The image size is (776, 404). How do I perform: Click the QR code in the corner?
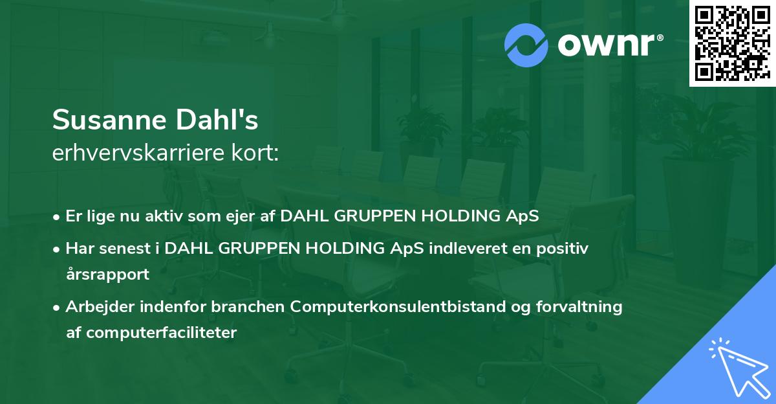[732, 43]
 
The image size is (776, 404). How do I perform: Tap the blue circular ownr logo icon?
[526, 45]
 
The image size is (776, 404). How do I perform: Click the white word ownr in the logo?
[606, 45]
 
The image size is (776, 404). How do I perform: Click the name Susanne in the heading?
[110, 120]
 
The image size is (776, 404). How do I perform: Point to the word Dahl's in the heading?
[217, 119]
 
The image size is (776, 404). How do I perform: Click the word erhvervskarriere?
[138, 153]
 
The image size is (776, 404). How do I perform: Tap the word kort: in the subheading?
[255, 153]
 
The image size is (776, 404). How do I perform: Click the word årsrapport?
[108, 275]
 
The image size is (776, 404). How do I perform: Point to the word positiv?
[562, 249]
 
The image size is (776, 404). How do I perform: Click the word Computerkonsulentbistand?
[398, 307]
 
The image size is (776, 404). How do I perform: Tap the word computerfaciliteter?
[162, 333]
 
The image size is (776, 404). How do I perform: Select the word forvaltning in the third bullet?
[579, 307]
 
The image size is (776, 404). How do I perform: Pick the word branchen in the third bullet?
[248, 306]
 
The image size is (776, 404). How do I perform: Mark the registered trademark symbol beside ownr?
[660, 38]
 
